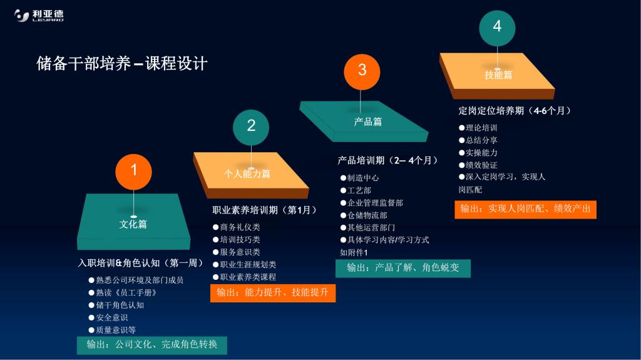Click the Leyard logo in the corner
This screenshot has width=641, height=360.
(x=39, y=15)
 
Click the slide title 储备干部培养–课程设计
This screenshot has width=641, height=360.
(x=122, y=63)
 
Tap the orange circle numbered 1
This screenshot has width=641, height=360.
(x=134, y=172)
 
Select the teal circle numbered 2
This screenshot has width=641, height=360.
(x=251, y=127)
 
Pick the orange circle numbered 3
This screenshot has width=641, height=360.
(x=362, y=71)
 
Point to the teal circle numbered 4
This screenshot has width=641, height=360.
(x=497, y=28)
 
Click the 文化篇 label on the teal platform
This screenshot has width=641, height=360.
(x=133, y=224)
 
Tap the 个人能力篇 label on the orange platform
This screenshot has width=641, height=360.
(x=247, y=174)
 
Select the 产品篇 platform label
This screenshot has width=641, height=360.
(x=368, y=121)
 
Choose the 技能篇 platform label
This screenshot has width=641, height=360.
(x=498, y=75)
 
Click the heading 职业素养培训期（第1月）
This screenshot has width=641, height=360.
(x=264, y=210)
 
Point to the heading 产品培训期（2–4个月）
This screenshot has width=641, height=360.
(x=387, y=160)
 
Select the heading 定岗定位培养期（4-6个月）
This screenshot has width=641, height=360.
(x=515, y=110)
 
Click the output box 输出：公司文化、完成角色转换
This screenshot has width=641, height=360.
(x=152, y=345)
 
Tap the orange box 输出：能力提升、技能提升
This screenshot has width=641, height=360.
(x=273, y=293)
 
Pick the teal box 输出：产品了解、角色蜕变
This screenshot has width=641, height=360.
(x=403, y=269)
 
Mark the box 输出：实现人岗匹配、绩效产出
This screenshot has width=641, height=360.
(x=526, y=210)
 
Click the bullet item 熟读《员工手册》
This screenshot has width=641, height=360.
(x=123, y=293)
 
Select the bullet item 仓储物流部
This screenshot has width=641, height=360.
(x=364, y=215)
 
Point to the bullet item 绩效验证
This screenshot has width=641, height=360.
(x=478, y=165)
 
